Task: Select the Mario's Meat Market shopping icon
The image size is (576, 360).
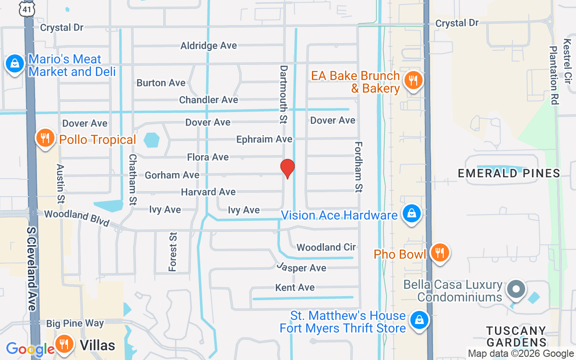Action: click(x=15, y=64)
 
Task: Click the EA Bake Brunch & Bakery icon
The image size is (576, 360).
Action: click(x=412, y=81)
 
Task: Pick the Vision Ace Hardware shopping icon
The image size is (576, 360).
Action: click(x=411, y=214)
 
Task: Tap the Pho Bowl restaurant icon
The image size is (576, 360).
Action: click(x=439, y=253)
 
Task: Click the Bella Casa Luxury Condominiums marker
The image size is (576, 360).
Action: click(x=516, y=289)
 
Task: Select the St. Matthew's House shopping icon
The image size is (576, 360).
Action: click(x=419, y=320)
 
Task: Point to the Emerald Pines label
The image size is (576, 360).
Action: click(x=508, y=173)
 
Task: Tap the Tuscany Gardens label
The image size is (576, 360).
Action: click(x=516, y=337)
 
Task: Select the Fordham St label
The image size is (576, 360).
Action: click(x=359, y=167)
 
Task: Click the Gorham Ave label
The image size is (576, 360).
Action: click(x=172, y=175)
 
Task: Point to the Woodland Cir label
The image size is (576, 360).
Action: click(x=326, y=247)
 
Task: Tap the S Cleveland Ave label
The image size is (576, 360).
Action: click(x=31, y=268)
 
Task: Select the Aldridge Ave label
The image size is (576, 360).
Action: click(x=208, y=45)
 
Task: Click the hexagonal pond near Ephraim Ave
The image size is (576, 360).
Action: click(x=152, y=140)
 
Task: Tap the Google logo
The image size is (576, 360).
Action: click(x=30, y=349)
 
